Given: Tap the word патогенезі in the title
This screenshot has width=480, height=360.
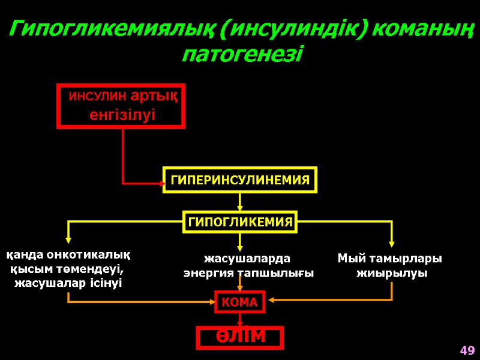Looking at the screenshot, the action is point(242,55).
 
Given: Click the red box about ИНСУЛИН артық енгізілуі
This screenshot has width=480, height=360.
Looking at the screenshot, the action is point(121,106).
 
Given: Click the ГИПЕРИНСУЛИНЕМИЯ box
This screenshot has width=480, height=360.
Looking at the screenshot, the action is point(240,179).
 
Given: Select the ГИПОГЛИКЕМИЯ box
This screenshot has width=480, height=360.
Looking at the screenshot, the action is point(240,222).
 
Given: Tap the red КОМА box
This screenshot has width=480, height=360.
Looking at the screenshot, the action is point(240,302).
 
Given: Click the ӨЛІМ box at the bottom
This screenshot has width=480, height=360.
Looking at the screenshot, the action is point(240,337).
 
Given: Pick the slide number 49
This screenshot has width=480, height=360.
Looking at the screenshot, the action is point(467,350).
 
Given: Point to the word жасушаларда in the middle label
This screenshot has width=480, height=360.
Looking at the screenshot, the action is point(247,259).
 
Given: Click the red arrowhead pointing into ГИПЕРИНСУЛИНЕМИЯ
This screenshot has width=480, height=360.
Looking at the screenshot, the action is point(161,182).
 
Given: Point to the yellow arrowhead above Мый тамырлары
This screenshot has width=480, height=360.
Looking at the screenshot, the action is point(392,243).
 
